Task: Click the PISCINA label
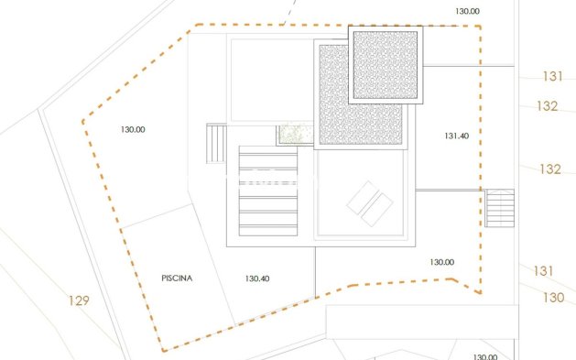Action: click(177, 277)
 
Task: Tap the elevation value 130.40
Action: click(258, 278)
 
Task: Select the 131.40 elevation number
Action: click(456, 136)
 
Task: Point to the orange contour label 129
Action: click(79, 300)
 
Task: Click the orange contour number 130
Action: click(553, 297)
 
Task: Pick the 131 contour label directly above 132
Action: click(552, 77)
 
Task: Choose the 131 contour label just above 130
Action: click(544, 270)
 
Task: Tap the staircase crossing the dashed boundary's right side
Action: click(500, 207)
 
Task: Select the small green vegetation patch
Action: click(294, 135)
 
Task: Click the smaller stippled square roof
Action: click(386, 65)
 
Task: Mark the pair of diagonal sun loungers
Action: click(370, 203)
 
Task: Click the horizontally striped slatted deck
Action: click(268, 191)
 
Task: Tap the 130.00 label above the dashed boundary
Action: click(467, 11)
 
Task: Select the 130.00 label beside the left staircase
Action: click(133, 129)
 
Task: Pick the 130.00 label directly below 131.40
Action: click(441, 262)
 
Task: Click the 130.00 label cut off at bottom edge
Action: click(484, 356)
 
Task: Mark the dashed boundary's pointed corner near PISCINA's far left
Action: click(82, 120)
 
